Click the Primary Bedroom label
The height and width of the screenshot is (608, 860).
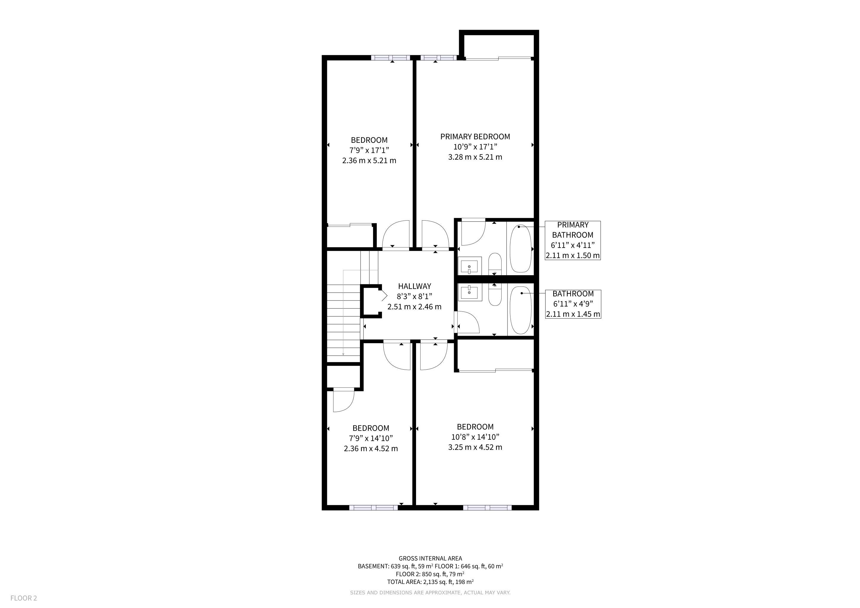475,137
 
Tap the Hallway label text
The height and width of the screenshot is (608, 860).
414,286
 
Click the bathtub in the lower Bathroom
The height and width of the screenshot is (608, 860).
521,310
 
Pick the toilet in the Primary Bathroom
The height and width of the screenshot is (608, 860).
495,264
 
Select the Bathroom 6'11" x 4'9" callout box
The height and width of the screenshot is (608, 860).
573,304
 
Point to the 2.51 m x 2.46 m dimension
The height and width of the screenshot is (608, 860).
414,307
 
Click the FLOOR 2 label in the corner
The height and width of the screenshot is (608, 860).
23,598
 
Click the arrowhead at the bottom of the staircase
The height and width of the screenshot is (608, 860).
343,354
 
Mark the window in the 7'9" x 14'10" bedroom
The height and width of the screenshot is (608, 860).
374,508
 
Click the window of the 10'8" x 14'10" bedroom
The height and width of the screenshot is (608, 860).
487,508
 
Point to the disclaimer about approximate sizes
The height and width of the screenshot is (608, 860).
430,593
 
